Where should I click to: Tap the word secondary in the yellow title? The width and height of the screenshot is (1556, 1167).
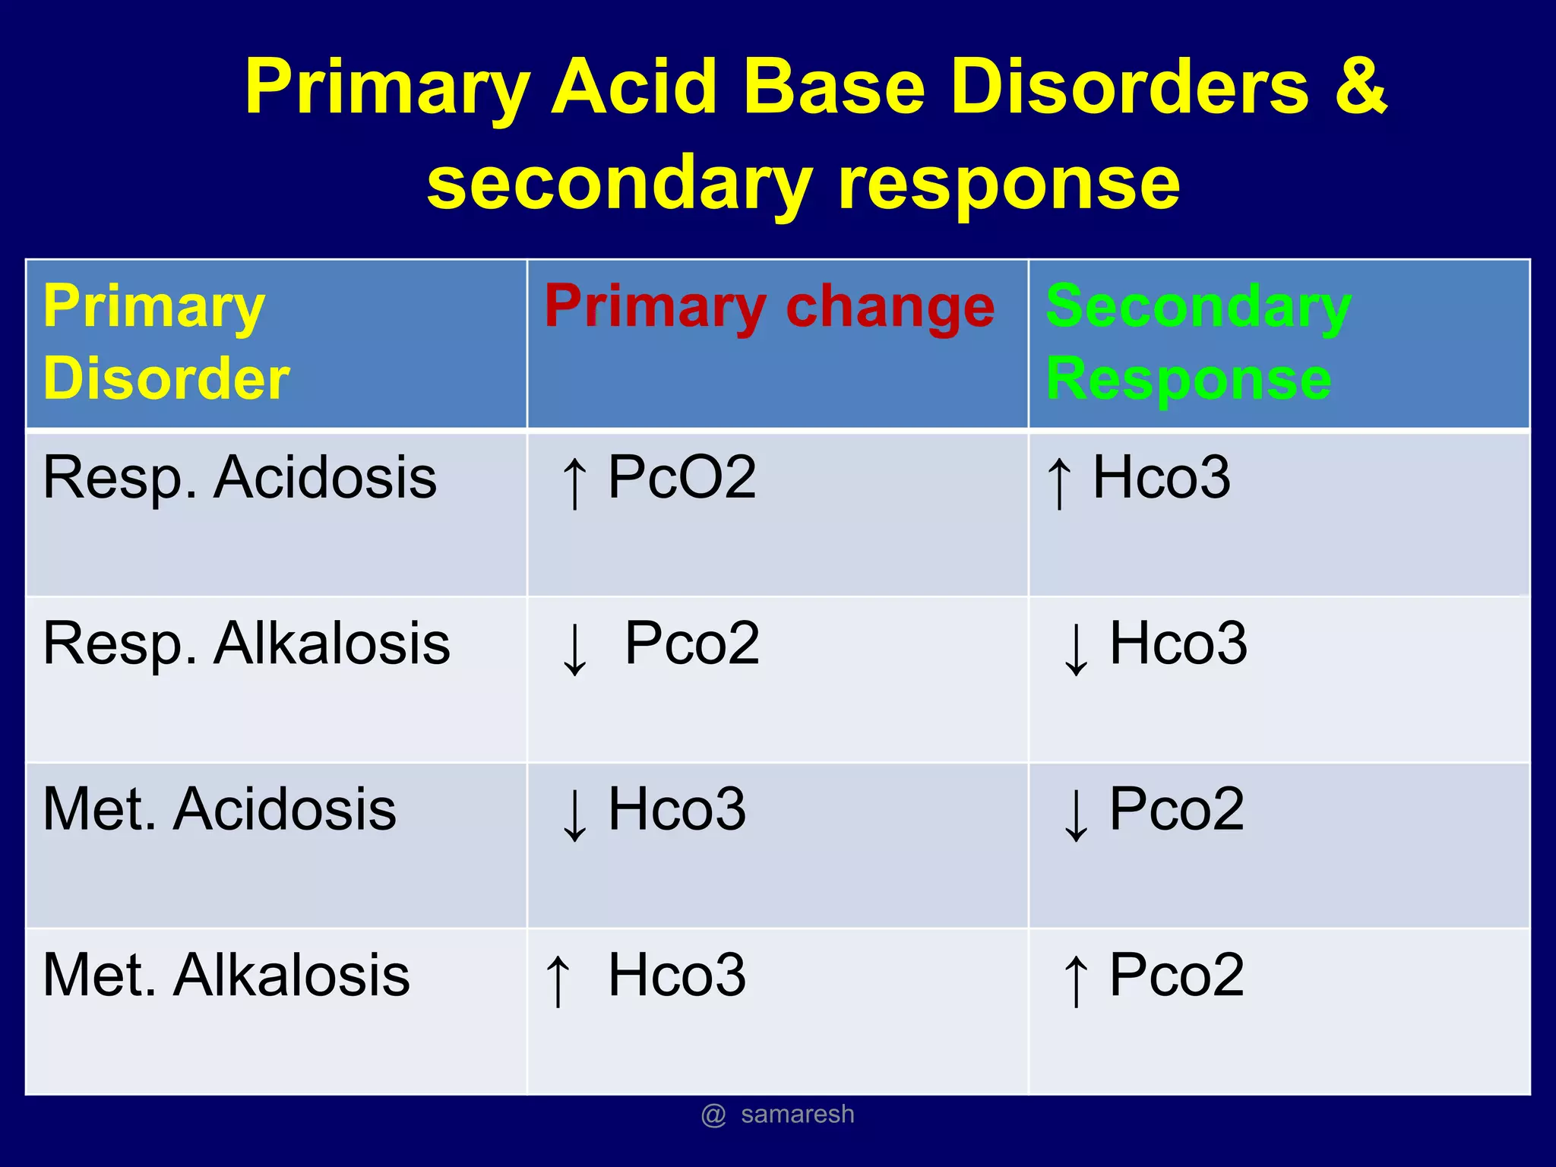point(619,183)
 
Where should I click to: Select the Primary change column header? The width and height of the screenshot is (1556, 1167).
point(769,307)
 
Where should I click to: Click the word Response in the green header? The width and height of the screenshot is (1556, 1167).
point(1188,378)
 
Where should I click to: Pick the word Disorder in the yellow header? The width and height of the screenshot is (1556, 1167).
point(166,378)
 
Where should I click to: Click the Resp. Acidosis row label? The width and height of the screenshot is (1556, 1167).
point(239,478)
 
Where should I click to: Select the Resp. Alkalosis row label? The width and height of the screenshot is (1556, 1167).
point(246,644)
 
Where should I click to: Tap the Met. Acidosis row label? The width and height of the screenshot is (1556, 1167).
point(219,809)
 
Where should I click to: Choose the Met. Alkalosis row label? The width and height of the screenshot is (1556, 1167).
point(226,976)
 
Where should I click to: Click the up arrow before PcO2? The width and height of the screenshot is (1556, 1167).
point(574,482)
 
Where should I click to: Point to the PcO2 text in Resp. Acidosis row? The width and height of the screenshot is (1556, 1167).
point(682,478)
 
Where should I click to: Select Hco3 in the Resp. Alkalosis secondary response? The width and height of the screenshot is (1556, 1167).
point(1178,644)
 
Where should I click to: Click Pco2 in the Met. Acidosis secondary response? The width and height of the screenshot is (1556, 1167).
point(1176,809)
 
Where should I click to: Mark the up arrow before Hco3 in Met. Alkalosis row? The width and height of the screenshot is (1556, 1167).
point(558,980)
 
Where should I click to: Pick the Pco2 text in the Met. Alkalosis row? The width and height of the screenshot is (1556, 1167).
point(1176,976)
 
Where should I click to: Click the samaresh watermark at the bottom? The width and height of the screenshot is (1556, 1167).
point(796,1115)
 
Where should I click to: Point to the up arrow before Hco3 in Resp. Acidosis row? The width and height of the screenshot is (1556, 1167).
point(1059,482)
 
